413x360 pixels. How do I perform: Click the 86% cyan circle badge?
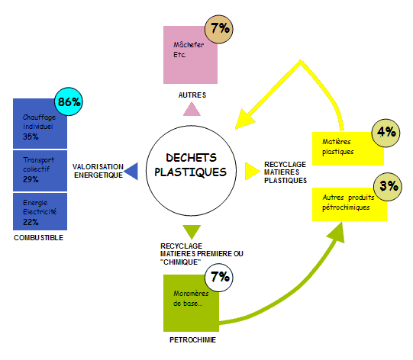(x=69, y=101)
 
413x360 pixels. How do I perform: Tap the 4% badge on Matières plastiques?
(x=386, y=133)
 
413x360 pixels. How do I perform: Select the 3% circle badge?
(x=388, y=187)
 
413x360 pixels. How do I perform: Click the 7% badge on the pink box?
(x=219, y=29)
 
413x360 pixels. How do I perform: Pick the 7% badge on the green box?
(x=219, y=278)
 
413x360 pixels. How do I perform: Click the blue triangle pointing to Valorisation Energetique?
(x=133, y=172)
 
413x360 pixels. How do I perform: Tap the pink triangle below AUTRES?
(x=192, y=109)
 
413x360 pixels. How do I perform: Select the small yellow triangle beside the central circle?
(x=250, y=172)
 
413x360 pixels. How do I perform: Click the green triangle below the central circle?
(x=192, y=232)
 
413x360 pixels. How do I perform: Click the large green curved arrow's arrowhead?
(x=337, y=233)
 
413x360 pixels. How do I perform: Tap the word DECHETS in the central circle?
(x=191, y=158)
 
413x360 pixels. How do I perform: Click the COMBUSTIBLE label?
(x=38, y=238)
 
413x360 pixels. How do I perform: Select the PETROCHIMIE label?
(x=192, y=340)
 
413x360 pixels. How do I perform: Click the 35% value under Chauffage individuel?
(x=31, y=137)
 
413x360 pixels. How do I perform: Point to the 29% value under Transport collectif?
(x=31, y=179)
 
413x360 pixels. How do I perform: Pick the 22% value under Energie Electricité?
(x=31, y=222)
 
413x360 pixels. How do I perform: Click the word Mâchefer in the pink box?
(x=189, y=45)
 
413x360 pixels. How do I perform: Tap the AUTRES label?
(x=192, y=95)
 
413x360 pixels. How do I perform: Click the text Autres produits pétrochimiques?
(x=348, y=202)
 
